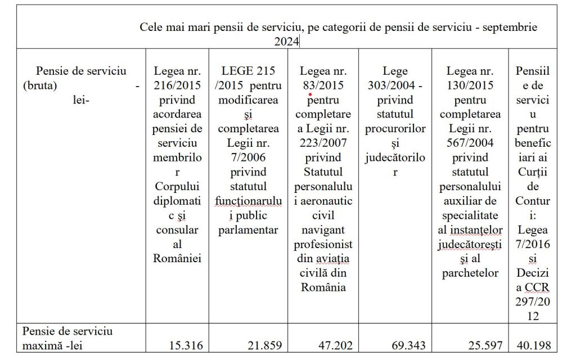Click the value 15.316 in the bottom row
(x=185, y=345)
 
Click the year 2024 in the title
(x=287, y=41)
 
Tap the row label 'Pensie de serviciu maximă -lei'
(x=67, y=337)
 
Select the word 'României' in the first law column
(x=177, y=258)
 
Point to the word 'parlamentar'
(x=247, y=229)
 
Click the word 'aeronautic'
(x=322, y=215)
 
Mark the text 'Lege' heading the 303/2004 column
(x=395, y=71)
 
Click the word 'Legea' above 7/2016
(x=533, y=229)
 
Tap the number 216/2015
(x=177, y=86)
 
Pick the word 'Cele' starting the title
(x=151, y=27)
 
